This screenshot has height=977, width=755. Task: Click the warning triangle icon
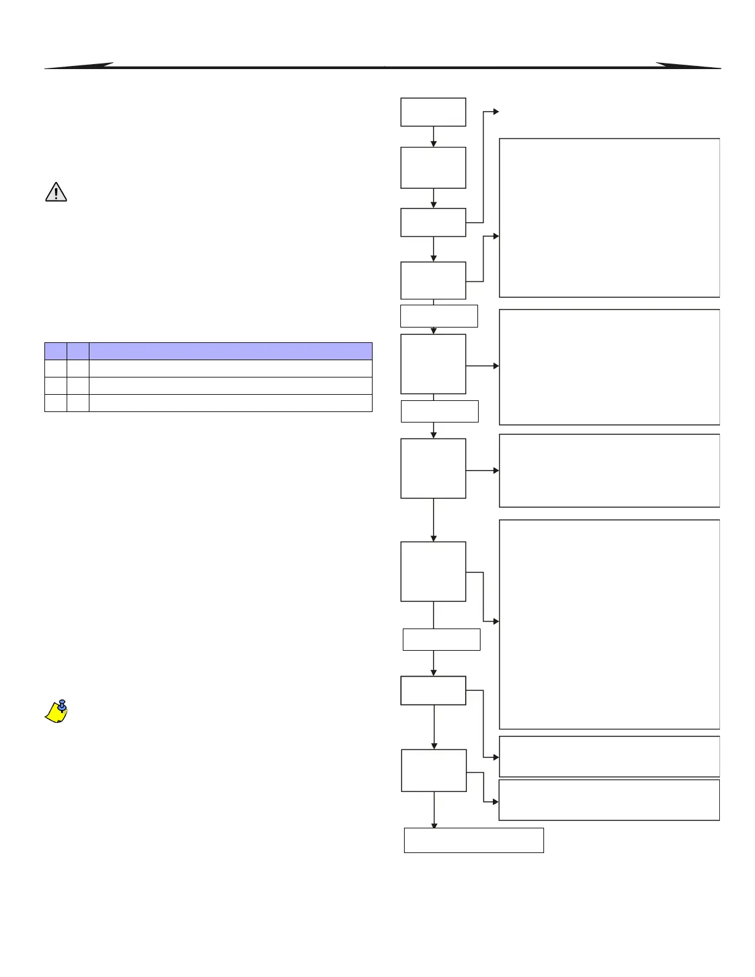click(56, 192)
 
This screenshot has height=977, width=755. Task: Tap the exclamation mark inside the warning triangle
click(56, 193)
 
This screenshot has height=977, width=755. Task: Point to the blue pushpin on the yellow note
click(62, 705)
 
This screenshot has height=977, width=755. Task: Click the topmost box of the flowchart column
click(433, 112)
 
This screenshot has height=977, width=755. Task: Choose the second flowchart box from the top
click(433, 168)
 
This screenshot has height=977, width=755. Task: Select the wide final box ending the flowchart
click(474, 840)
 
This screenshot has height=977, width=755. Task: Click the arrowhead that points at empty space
click(496, 112)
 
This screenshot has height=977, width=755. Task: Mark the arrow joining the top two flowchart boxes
click(434, 137)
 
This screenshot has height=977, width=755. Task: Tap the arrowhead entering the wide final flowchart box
click(434, 825)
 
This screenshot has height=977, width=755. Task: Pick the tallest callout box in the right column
click(609, 624)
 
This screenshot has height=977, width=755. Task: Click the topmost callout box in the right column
click(609, 218)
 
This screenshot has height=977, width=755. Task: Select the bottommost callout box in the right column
click(609, 800)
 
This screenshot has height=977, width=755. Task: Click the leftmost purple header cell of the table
click(56, 351)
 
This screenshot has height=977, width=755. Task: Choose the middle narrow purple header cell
click(78, 351)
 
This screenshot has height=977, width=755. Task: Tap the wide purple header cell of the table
click(231, 351)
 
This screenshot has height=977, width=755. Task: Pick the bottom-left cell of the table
click(56, 403)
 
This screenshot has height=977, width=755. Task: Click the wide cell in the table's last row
click(231, 403)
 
